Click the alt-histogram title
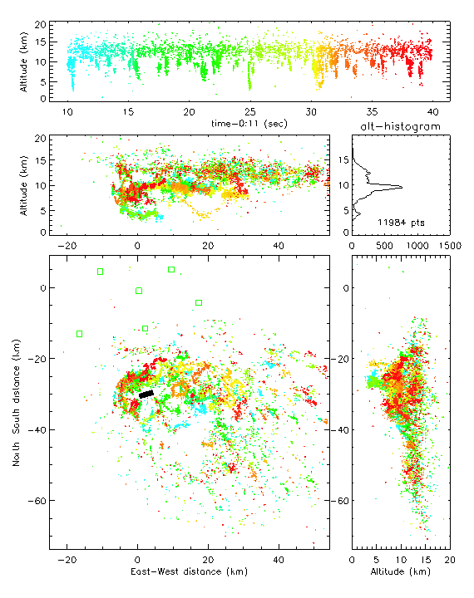(400, 126)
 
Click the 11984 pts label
(401, 223)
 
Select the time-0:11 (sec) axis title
(249, 124)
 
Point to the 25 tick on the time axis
(249, 112)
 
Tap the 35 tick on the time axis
(372, 112)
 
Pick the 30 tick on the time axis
(311, 112)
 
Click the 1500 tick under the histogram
(450, 246)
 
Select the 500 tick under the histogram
(384, 246)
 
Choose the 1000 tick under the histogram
(417, 246)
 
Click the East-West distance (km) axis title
(189, 571)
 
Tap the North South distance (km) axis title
(16, 402)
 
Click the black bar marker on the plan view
(146, 394)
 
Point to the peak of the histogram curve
(402, 187)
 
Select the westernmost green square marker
(80, 334)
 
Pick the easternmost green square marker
(199, 303)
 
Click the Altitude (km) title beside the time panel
(23, 61)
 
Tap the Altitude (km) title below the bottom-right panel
(401, 571)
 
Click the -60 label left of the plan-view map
(37, 501)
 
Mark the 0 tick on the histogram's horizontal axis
(352, 246)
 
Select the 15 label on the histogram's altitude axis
(343, 159)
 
